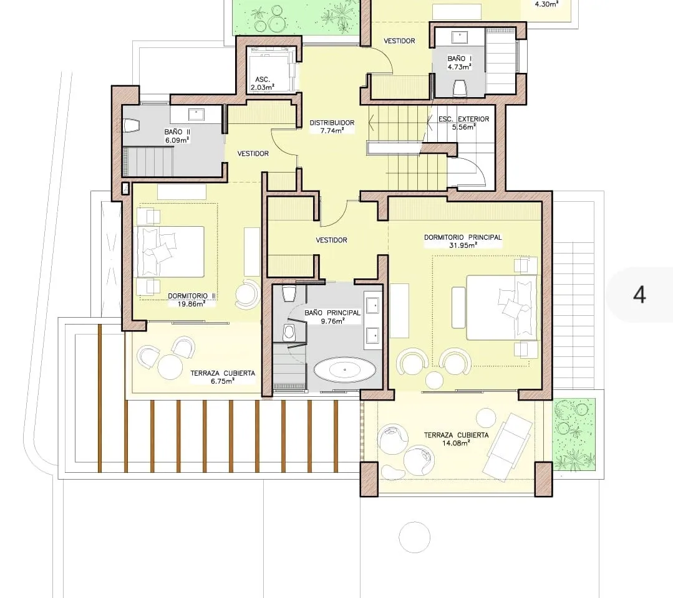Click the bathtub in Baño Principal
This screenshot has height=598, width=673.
[x=345, y=369]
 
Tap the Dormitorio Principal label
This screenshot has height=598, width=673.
[x=463, y=237]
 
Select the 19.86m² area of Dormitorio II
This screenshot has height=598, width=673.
[x=191, y=304]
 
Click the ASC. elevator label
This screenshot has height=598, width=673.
[x=262, y=79]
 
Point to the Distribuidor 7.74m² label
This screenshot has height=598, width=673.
[x=332, y=126]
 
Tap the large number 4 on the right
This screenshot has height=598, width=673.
[x=639, y=295]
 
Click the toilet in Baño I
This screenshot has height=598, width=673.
[x=460, y=88]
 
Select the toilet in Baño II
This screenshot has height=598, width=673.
[x=132, y=126]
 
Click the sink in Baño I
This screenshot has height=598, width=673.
[x=460, y=37]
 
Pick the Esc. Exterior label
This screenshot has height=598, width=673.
[x=463, y=119]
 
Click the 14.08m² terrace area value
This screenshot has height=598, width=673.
[x=456, y=444]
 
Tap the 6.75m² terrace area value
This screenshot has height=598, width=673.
[x=222, y=381]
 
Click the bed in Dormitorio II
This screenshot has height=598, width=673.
[x=170, y=252]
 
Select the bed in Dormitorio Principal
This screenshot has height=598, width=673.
[x=501, y=307]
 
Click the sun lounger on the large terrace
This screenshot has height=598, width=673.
[x=507, y=446]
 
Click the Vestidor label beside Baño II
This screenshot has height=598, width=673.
[x=253, y=153]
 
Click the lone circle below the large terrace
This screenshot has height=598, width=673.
[x=415, y=537]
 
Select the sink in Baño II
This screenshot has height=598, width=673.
[x=196, y=115]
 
